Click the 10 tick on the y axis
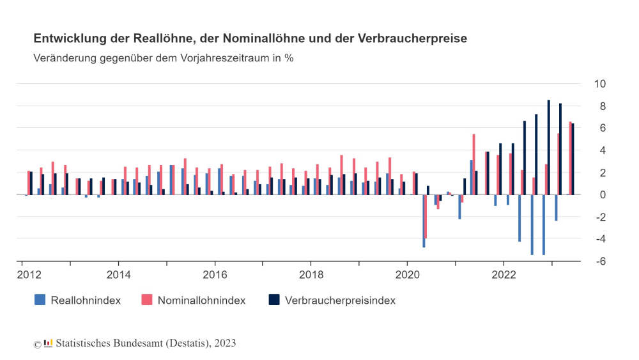[x=600, y=84]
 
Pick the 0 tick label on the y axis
[x=602, y=195]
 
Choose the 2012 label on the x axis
[x=31, y=276]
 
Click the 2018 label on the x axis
[x=311, y=276]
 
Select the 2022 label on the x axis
[x=504, y=276]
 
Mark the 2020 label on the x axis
[x=408, y=276]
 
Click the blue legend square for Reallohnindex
[x=40, y=300]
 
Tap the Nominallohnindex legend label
[x=201, y=300]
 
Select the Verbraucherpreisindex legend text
[x=340, y=300]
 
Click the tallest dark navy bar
[x=548, y=147]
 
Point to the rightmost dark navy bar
[x=573, y=159]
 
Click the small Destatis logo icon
[x=48, y=343]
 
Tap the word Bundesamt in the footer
[x=139, y=343]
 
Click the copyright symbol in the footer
[x=37, y=344]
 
